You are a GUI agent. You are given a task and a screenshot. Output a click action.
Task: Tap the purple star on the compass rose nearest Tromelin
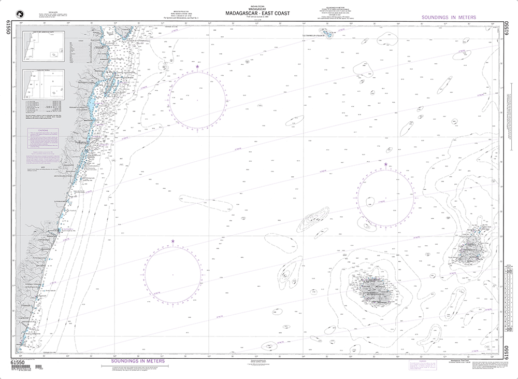197,66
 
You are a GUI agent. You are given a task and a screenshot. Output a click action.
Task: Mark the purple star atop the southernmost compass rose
172,241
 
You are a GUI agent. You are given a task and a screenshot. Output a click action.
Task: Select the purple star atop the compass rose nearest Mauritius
385,164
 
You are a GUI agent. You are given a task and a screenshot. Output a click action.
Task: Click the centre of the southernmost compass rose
172,273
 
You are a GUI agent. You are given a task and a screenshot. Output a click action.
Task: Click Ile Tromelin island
328,35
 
